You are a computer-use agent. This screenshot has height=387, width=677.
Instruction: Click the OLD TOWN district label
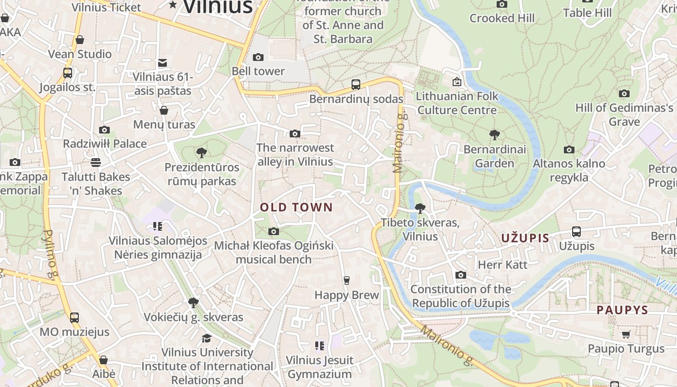coord(296,208)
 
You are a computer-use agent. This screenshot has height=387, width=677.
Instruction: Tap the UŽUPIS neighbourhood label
coord(525,238)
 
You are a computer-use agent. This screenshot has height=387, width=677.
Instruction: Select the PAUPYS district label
coord(622,310)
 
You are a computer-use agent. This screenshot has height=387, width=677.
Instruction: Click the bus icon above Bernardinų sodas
coord(356,85)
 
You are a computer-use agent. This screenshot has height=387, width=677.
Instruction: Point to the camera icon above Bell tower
coord(258,57)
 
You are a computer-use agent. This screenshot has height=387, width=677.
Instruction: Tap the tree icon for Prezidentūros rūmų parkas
coord(202,153)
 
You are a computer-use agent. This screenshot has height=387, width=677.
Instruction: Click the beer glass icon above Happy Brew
coord(346,280)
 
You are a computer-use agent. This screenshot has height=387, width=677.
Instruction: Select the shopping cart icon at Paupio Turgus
coord(626,334)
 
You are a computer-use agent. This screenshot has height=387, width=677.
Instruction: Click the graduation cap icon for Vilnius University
coord(207,338)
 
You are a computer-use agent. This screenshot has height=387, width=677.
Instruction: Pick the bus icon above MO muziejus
coord(74,318)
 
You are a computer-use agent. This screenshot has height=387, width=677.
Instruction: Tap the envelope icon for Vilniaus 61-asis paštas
coord(162,62)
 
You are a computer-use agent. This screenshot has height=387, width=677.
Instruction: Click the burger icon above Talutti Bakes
coord(96,162)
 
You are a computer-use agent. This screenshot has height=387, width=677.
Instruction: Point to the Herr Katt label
coord(502,265)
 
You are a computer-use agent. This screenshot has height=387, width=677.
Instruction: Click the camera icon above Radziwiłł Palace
coord(104,130)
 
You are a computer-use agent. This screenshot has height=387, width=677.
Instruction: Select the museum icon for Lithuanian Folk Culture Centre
coord(456,82)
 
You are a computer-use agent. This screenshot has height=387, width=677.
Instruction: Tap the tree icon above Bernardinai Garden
coord(494,134)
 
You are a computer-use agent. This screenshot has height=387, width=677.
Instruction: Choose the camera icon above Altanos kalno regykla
coord(569,149)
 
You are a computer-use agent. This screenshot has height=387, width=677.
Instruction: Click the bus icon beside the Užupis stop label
coord(576,231)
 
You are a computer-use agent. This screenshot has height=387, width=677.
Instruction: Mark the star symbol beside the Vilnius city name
coord(173,4)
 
